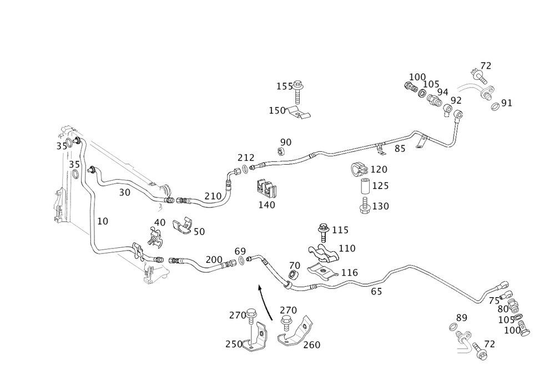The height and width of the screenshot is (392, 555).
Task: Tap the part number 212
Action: click(x=246, y=158)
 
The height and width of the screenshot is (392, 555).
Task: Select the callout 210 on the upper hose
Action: click(x=213, y=196)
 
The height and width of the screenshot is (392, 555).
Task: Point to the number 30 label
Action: click(x=125, y=192)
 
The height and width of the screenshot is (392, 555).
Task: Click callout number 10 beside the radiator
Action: click(x=102, y=221)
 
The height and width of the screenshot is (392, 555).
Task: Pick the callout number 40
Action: click(x=160, y=222)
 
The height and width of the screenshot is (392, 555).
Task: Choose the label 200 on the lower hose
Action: click(x=214, y=259)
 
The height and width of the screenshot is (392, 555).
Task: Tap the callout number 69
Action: click(x=240, y=251)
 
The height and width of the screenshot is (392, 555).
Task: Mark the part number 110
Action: click(x=347, y=247)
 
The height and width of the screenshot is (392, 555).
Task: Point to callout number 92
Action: click(x=456, y=100)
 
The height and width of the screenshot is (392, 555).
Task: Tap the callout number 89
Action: click(x=461, y=317)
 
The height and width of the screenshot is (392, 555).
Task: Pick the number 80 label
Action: click(x=503, y=309)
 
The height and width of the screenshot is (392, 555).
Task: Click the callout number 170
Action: click(x=380, y=168)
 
